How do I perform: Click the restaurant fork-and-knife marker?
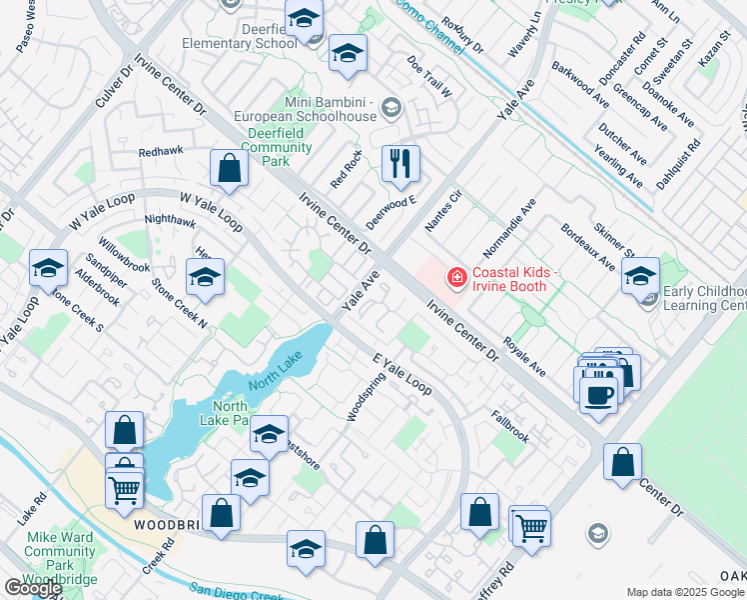(400, 163)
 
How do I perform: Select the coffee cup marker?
(598, 393)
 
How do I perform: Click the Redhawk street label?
(162, 152)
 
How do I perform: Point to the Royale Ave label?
(524, 356)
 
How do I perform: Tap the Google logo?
(32, 588)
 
